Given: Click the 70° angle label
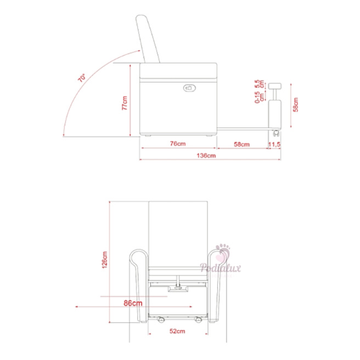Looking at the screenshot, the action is click(x=82, y=78).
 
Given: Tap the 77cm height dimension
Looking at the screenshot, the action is click(x=125, y=103).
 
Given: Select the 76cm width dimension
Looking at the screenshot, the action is click(x=178, y=144).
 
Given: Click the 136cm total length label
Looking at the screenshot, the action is click(x=206, y=156).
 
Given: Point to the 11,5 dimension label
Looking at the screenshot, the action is click(x=274, y=144).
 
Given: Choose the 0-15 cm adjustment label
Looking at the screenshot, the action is click(x=259, y=98).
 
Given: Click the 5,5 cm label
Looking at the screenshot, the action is click(x=259, y=84).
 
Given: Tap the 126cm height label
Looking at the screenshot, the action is click(x=104, y=260).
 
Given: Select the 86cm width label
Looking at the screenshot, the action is click(x=133, y=303).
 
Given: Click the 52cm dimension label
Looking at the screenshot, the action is click(x=177, y=331).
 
